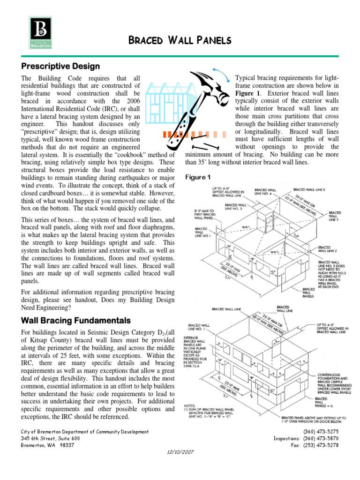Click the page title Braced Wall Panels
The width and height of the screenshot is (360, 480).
click(180, 41)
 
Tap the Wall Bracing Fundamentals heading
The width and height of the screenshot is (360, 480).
click(76, 321)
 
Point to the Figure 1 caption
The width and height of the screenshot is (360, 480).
click(198, 177)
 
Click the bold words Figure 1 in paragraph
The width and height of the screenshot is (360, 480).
click(247, 93)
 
